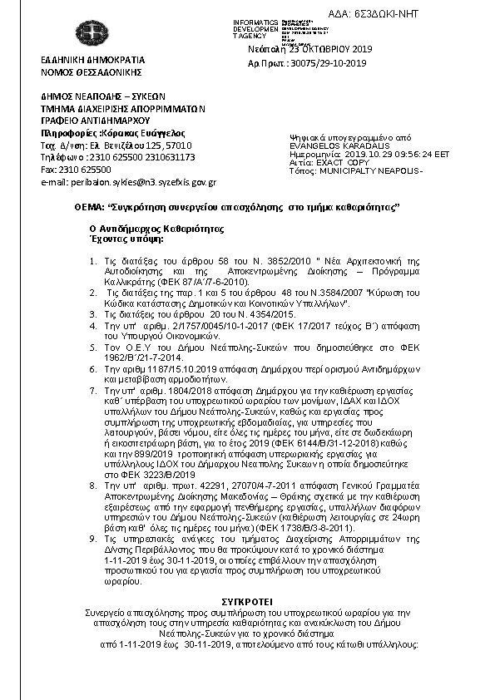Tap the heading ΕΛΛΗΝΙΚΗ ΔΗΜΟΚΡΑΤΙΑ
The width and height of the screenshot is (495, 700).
pos(93,61)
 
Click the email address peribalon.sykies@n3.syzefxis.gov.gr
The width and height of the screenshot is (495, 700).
pos(128,181)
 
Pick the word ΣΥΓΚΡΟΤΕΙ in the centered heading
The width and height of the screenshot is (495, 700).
pos(247,599)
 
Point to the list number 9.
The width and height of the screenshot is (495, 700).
pos(93,539)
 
